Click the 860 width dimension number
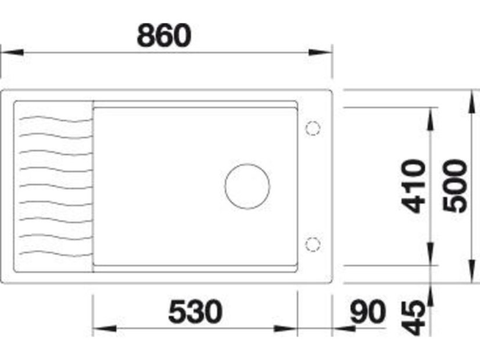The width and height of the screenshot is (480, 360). (x=164, y=35)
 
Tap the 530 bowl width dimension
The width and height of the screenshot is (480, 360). (x=195, y=312)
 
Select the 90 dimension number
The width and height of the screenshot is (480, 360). (x=368, y=312)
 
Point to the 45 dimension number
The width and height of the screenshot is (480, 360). (x=413, y=318)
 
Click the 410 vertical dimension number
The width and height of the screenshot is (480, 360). (x=413, y=186)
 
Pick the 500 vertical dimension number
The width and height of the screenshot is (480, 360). (x=455, y=186)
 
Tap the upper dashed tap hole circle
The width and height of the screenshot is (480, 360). (x=313, y=128)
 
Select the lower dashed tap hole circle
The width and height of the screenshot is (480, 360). (x=313, y=244)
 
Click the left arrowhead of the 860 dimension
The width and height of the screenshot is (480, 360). (x=12, y=52)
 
